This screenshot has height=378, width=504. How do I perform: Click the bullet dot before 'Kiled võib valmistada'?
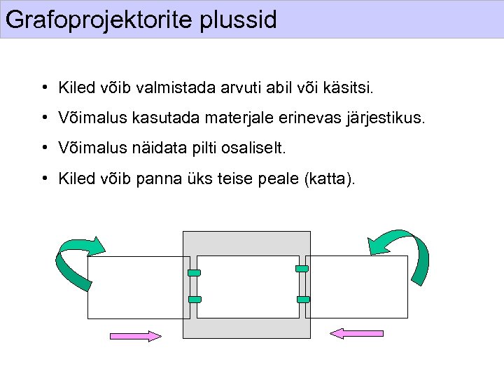43,87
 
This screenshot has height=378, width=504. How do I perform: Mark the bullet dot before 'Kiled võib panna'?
43,178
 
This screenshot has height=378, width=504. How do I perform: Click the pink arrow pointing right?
136,337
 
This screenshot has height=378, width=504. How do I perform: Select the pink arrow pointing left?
356,334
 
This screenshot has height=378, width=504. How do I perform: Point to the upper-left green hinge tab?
195,272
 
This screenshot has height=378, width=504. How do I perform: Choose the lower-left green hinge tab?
195,300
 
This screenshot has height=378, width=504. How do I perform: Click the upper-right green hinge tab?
302,269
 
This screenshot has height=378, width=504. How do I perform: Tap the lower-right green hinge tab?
303,300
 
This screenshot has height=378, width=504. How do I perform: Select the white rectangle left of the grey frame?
137,287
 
